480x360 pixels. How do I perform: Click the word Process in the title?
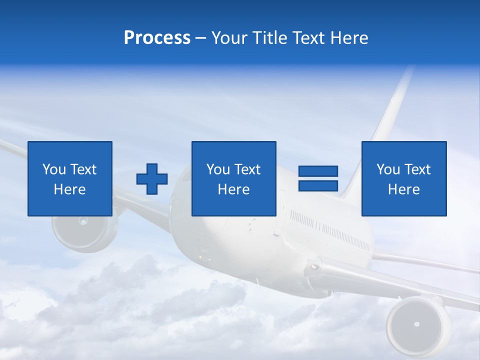click(157, 37)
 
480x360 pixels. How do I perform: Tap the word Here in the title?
click(348, 37)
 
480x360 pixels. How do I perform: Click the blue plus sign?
click(152, 178)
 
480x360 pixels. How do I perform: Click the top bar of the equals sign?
click(318, 171)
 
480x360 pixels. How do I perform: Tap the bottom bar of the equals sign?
click(318, 185)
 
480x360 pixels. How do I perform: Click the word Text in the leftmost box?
click(83, 169)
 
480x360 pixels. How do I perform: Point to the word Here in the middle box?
click(233, 189)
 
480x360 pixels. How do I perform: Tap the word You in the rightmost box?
click(388, 169)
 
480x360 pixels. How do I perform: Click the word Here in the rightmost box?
click(403, 189)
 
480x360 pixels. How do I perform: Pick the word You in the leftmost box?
click(54, 169)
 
